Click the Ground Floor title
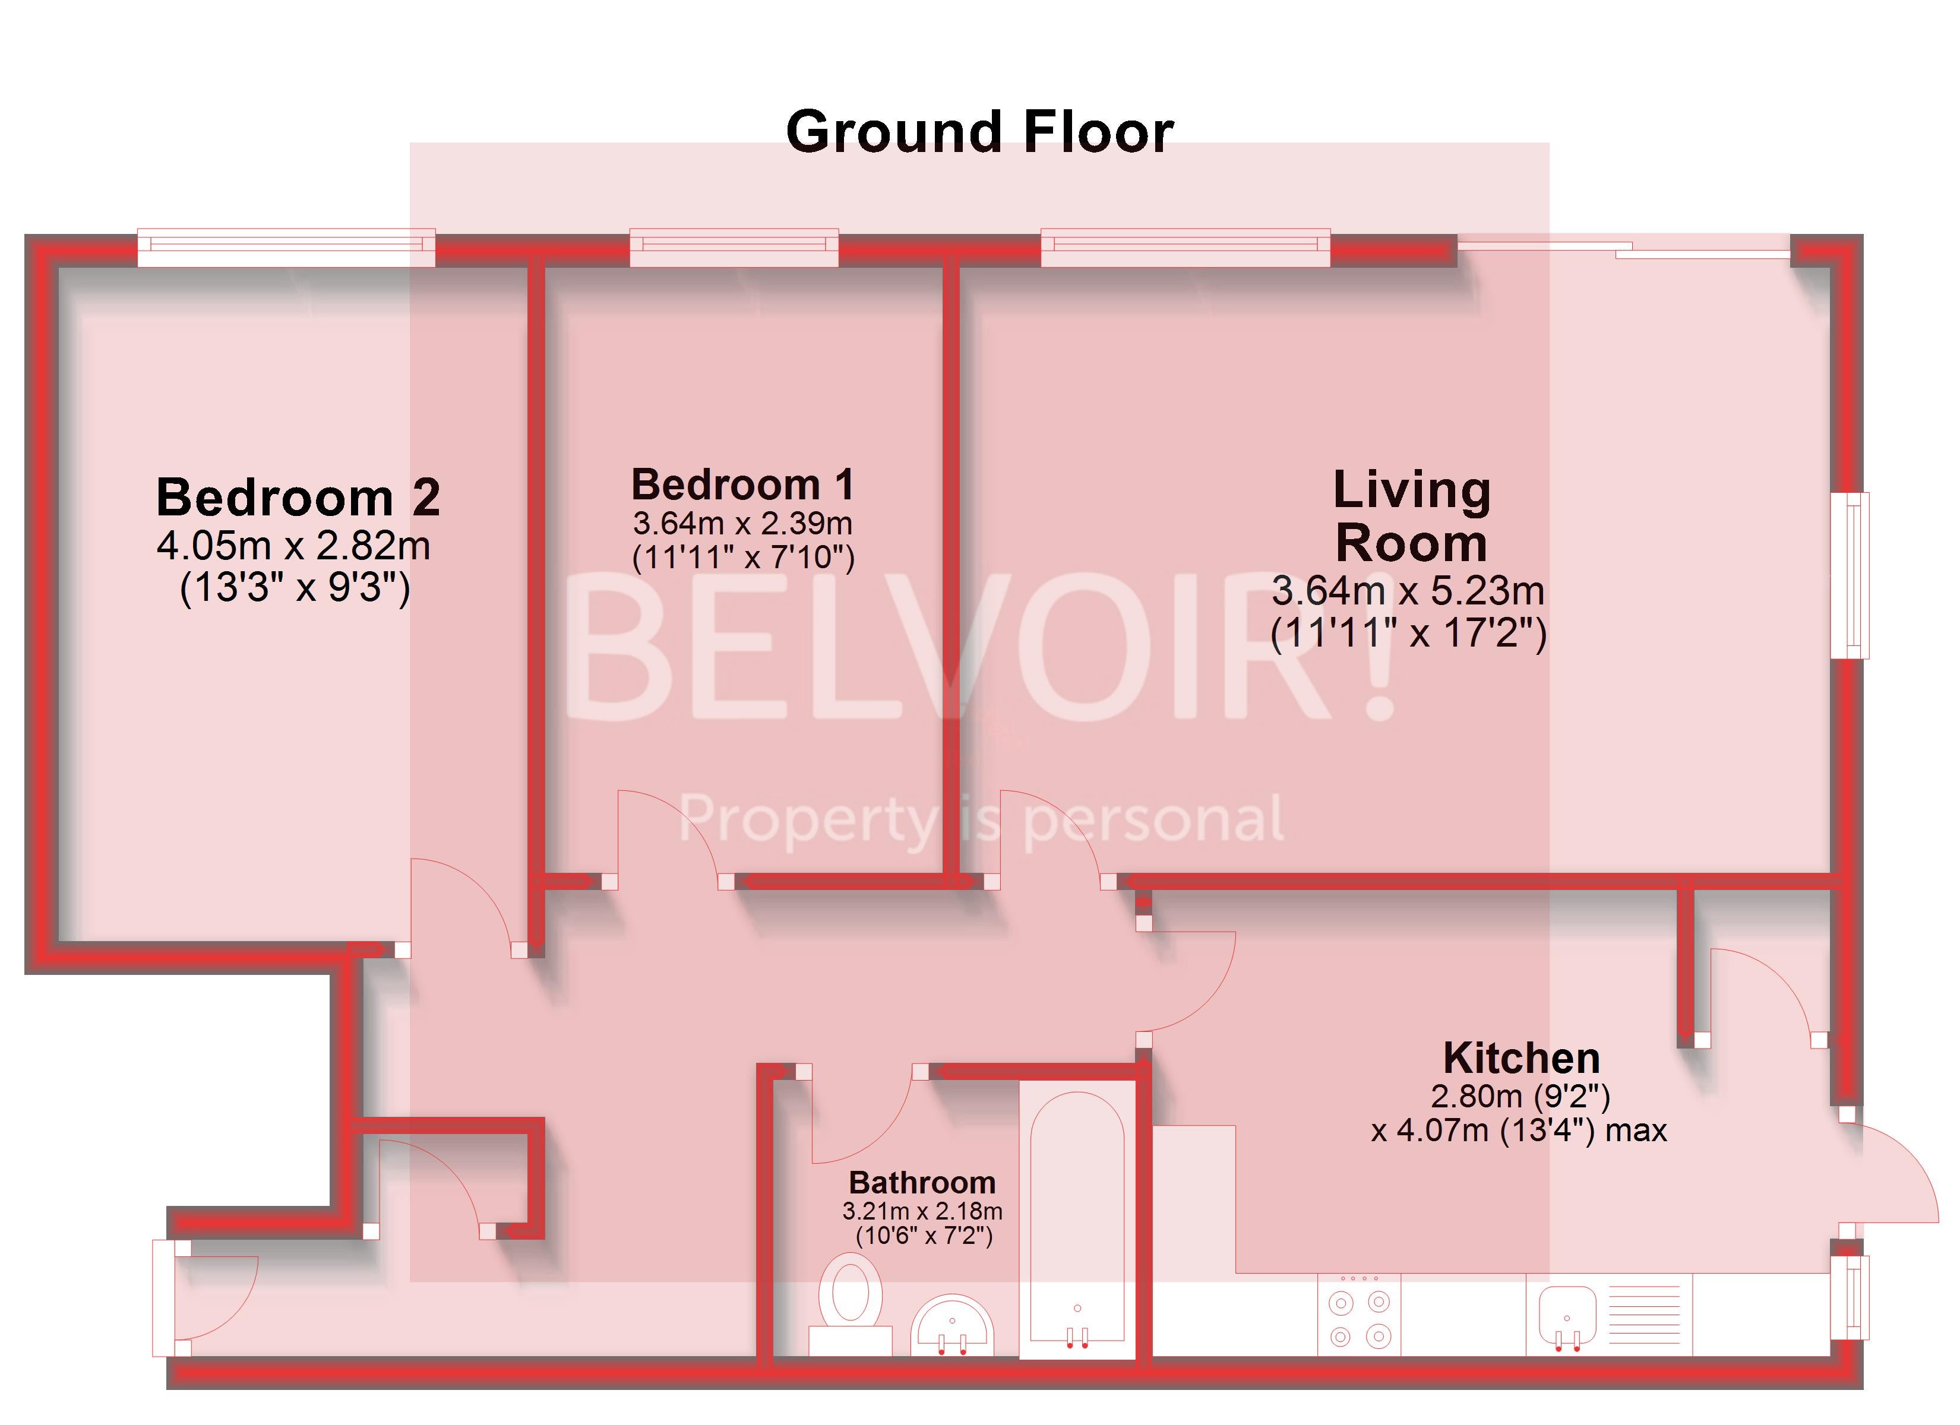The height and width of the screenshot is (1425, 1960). [x=979, y=132]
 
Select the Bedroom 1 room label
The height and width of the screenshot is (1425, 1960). [x=743, y=484]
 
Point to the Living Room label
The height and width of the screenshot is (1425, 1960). [x=1411, y=516]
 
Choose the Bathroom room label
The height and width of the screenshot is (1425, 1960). [x=922, y=1182]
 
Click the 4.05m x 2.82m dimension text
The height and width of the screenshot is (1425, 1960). [x=294, y=546]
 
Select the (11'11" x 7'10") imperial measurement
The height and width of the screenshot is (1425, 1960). [x=743, y=558]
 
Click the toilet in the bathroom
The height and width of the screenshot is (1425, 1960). [x=851, y=1304]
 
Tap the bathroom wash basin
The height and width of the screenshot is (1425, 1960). [x=952, y=1325]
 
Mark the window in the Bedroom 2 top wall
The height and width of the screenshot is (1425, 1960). [x=286, y=248]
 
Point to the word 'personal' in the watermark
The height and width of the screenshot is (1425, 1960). [x=1153, y=819]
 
